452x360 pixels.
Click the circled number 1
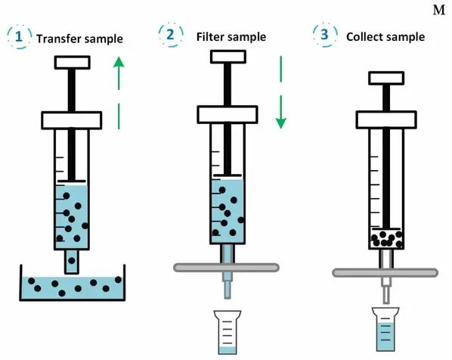tap(19, 36)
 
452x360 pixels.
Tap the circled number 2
tap(170, 35)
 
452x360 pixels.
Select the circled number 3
tap(324, 34)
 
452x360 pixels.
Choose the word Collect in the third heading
tap(364, 36)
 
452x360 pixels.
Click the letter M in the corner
tap(439, 11)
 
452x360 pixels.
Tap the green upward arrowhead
tap(119, 62)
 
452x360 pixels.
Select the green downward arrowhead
tap(280, 123)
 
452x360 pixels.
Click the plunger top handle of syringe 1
tap(73, 62)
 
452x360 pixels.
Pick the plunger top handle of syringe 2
tap(228, 57)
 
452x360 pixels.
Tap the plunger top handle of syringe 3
tap(386, 78)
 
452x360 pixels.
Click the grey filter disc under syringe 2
tap(226, 268)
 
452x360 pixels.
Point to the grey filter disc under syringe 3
tap(385, 272)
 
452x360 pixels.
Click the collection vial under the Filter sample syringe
tap(228, 332)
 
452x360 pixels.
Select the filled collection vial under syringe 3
tap(385, 330)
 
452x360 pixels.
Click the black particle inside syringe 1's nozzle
tap(72, 261)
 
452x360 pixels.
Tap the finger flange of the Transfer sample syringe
tap(72, 120)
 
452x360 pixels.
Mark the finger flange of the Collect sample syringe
tap(386, 119)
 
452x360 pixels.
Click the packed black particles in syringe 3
tap(386, 239)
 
